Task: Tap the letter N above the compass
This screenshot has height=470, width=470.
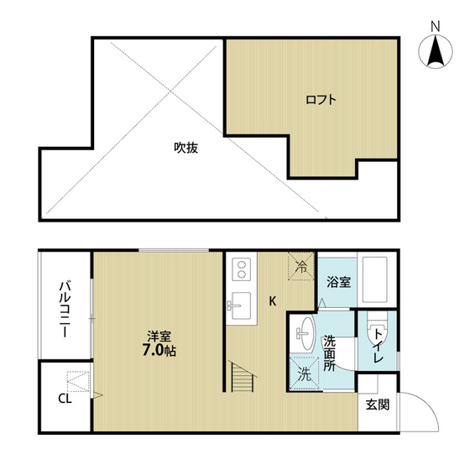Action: (436, 26)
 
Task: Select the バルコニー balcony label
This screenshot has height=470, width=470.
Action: (64, 310)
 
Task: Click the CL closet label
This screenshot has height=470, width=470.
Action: (64, 398)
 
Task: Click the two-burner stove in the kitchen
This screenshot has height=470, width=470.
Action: (240, 269)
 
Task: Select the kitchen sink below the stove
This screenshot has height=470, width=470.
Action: (239, 303)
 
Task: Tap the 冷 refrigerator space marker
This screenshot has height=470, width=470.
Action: (301, 266)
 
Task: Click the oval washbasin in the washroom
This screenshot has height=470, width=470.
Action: (304, 332)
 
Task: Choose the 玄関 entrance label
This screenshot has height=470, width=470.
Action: (375, 405)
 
